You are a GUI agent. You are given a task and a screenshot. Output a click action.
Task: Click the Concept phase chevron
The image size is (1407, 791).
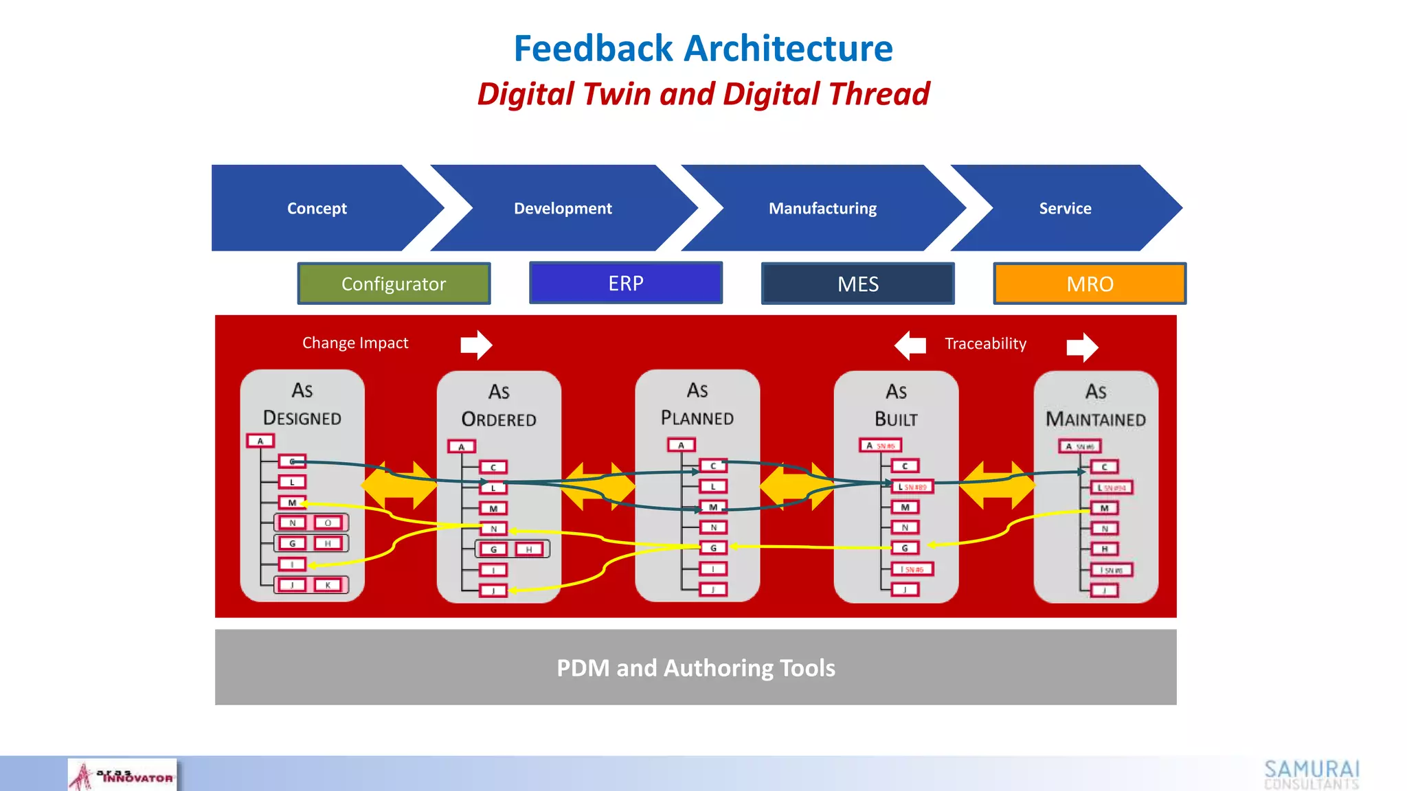pyautogui.click(x=317, y=208)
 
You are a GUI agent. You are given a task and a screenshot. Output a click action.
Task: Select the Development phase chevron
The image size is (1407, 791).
pyautogui.click(x=563, y=208)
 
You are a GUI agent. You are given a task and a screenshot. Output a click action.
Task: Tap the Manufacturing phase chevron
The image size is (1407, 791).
pyautogui.click(x=822, y=208)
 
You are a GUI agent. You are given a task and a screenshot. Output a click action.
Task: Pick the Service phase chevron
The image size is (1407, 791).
pyautogui.click(x=1065, y=208)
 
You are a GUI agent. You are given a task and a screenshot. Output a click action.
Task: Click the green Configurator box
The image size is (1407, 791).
pyautogui.click(x=394, y=284)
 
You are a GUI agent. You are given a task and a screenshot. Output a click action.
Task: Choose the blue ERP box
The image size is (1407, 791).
pyautogui.click(x=626, y=283)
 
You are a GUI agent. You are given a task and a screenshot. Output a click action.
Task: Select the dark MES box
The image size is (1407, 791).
pyautogui.click(x=857, y=284)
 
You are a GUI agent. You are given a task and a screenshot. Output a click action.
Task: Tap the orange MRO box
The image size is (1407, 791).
pyautogui.click(x=1090, y=284)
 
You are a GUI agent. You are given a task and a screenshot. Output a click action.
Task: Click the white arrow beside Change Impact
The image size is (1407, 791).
pyautogui.click(x=476, y=345)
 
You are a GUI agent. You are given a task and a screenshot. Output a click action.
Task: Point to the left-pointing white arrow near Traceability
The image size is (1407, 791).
pyautogui.click(x=910, y=345)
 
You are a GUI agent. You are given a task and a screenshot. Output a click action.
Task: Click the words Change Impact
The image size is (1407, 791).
pyautogui.click(x=355, y=343)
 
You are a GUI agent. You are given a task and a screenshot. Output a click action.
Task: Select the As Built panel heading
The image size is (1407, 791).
pyautogui.click(x=896, y=405)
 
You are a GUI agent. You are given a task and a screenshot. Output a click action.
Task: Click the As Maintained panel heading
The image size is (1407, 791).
pyautogui.click(x=1096, y=405)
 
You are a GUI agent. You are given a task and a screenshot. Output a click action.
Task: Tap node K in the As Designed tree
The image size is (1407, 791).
pyautogui.click(x=328, y=585)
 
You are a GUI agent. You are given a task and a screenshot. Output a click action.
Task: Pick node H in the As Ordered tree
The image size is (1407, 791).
pyautogui.click(x=529, y=549)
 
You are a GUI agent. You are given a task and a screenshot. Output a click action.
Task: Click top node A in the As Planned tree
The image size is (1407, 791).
pyautogui.click(x=682, y=445)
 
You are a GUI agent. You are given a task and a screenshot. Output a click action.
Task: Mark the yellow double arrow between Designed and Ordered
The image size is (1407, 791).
pyautogui.click(x=398, y=485)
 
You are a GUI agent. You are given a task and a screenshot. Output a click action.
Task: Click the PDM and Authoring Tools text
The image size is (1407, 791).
pyautogui.click(x=695, y=667)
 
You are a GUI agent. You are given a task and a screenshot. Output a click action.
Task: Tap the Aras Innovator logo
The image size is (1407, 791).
pyautogui.click(x=122, y=775)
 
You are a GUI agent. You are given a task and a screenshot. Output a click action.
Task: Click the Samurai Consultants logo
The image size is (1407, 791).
pyautogui.click(x=1311, y=775)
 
